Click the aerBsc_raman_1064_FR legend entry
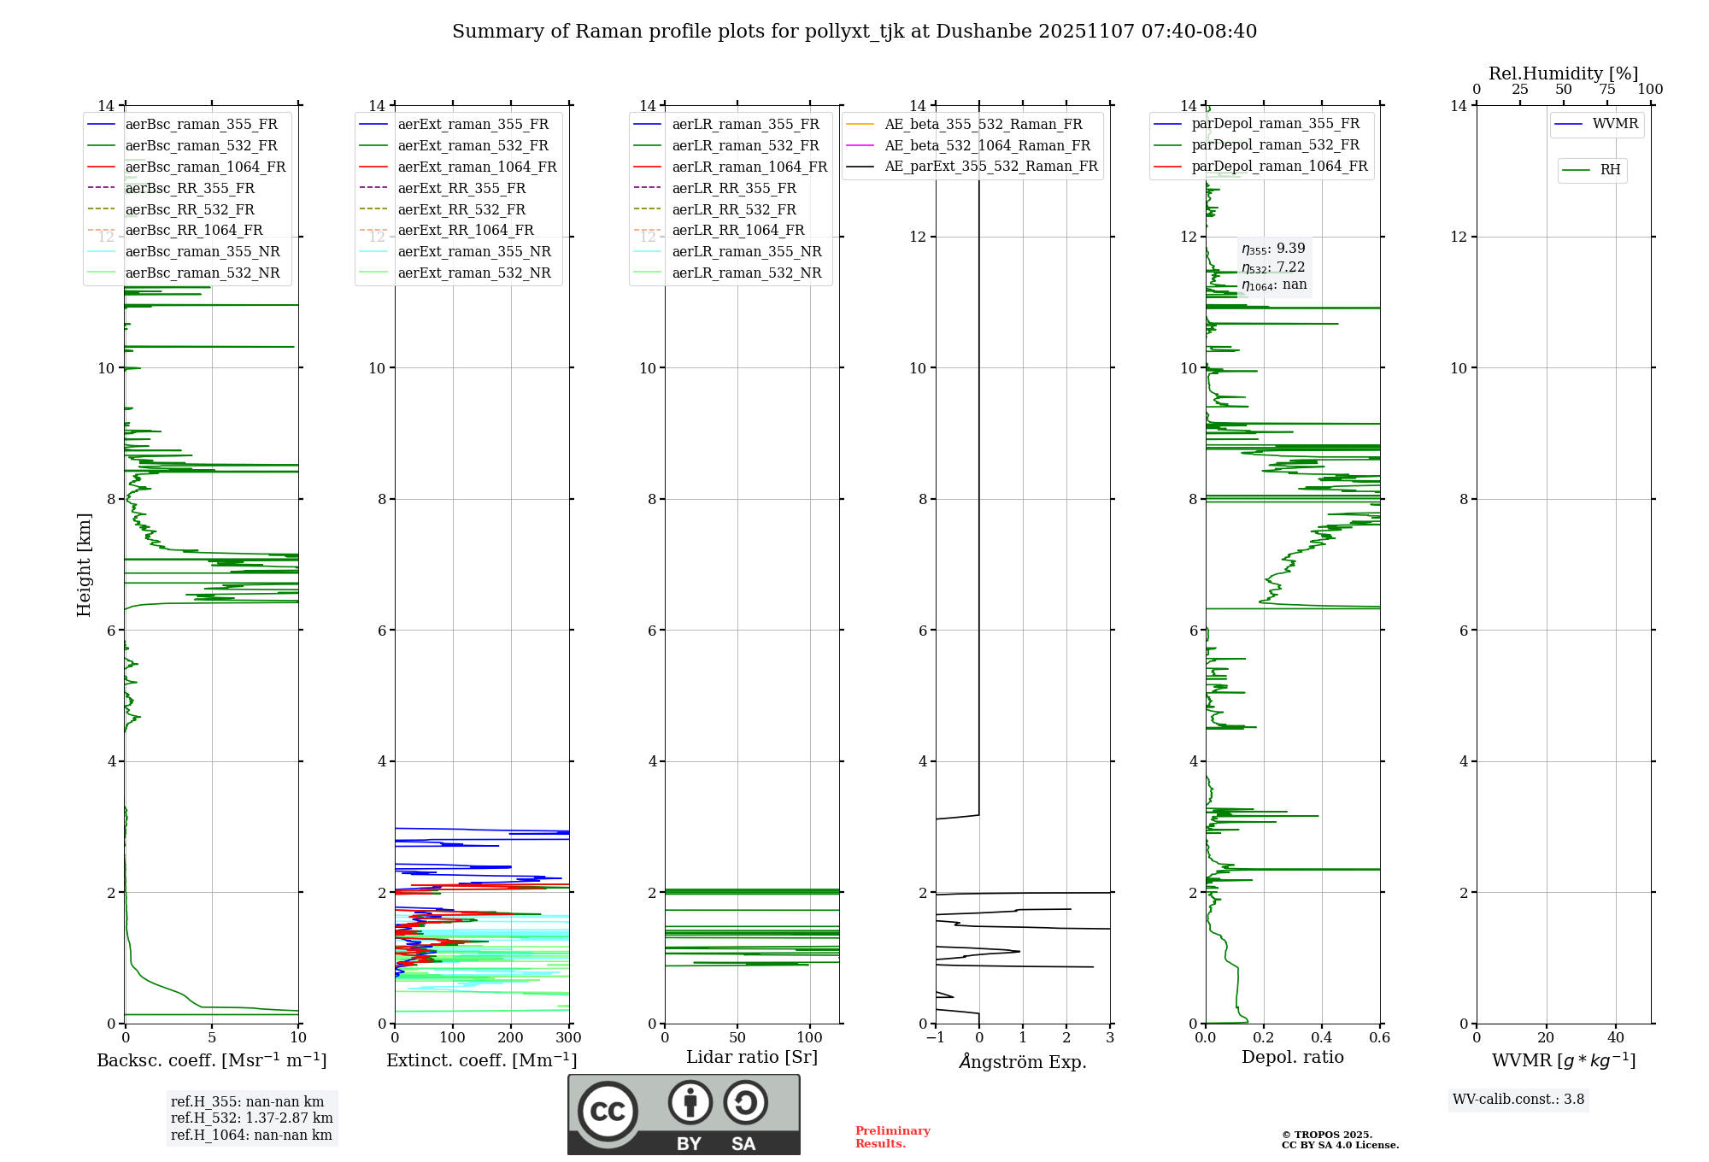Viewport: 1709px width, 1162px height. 205,167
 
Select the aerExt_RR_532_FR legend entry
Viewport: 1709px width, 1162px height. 461,209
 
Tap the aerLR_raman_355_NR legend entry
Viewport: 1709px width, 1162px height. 746,251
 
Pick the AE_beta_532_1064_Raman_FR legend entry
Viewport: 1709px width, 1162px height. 987,145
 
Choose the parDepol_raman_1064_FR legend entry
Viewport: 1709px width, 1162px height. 1279,166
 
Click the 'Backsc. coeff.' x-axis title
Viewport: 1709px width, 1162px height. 211,1060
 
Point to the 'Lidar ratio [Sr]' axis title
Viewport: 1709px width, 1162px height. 752,1057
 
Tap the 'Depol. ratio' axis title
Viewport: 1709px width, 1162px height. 1292,1057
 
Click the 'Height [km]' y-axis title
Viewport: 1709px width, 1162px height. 84,565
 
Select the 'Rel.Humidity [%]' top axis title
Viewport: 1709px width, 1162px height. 1563,73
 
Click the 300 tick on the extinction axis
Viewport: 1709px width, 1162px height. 568,1037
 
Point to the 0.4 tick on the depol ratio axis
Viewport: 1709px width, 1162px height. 1322,1037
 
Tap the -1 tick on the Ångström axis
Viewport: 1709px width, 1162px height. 935,1037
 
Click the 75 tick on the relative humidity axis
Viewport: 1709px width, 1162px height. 1607,90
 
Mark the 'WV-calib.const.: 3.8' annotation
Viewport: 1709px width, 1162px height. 1518,1100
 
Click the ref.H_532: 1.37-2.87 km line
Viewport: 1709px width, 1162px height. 252,1118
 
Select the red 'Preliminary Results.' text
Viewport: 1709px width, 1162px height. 892,1137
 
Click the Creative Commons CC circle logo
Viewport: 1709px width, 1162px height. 608,1112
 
